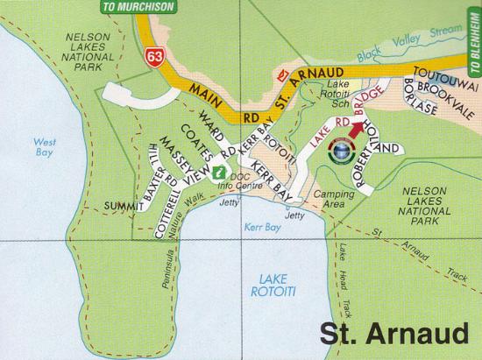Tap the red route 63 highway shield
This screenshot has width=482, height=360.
point(154,56)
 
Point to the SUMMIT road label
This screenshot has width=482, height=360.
point(120,205)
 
